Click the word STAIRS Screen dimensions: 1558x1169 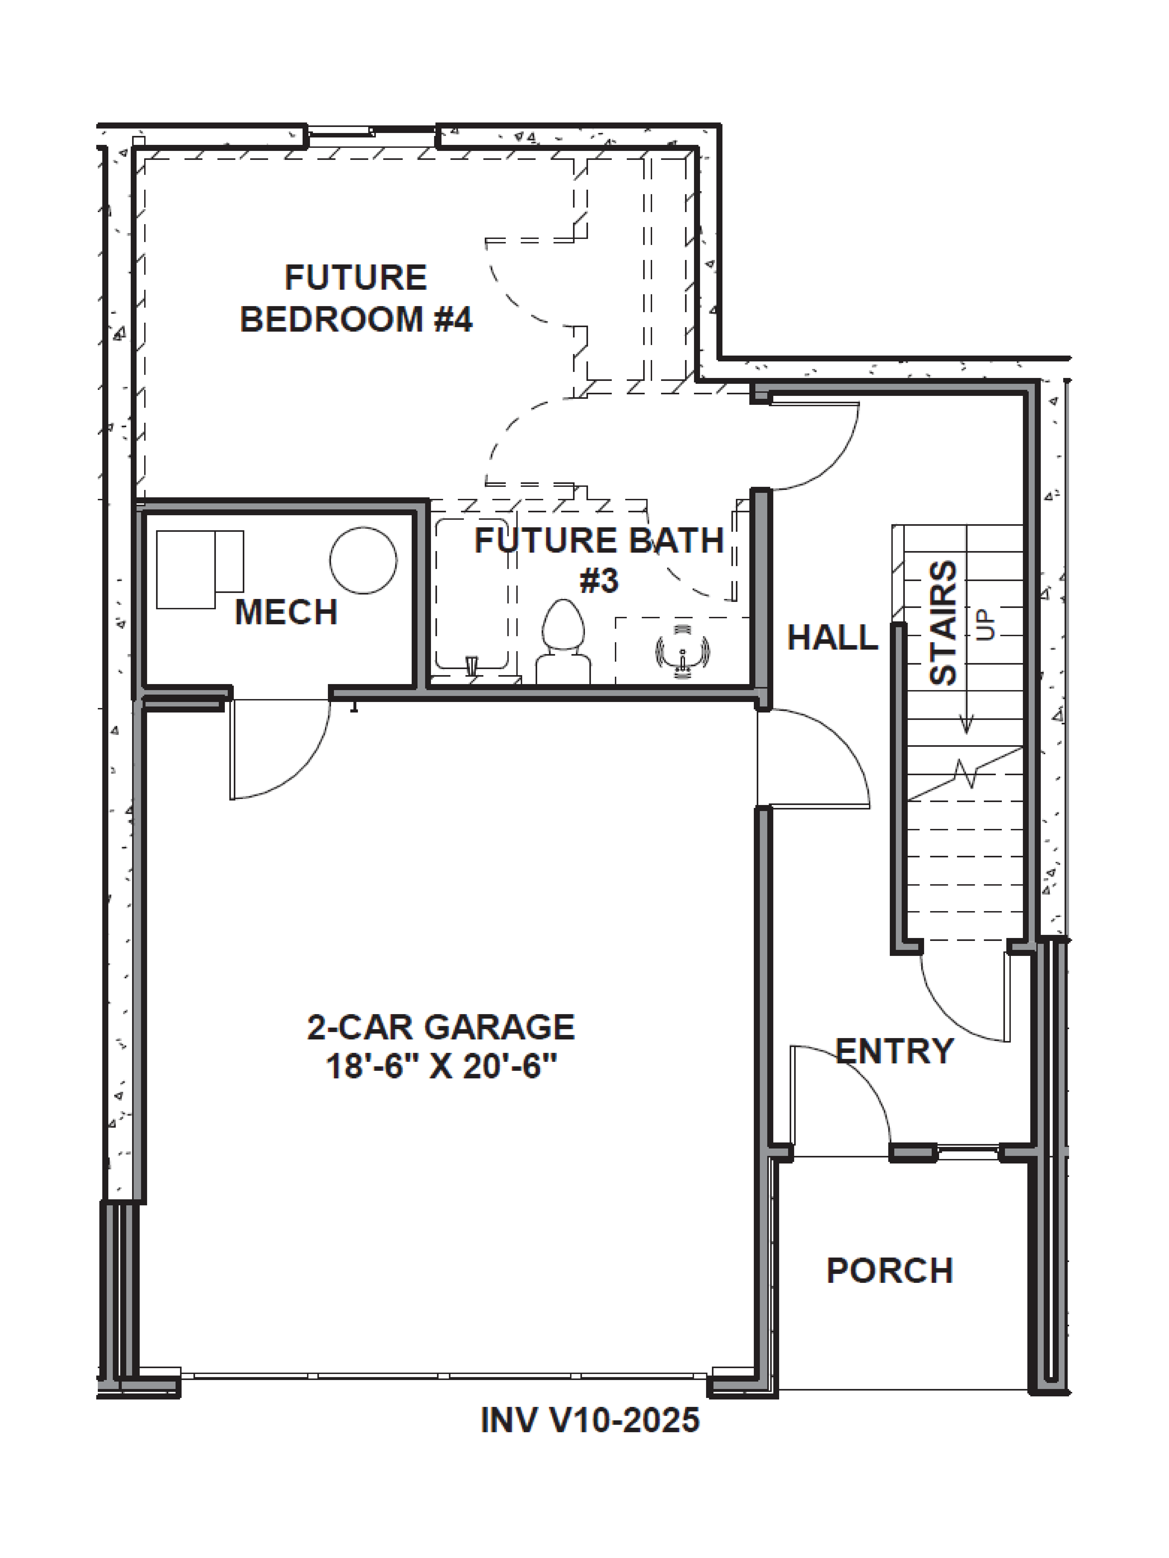point(944,623)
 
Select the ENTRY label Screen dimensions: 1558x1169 point(894,1051)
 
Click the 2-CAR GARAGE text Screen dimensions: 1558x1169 point(441,1027)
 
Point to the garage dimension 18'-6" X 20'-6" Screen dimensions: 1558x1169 point(441,1066)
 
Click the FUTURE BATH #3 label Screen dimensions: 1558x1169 point(599,560)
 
